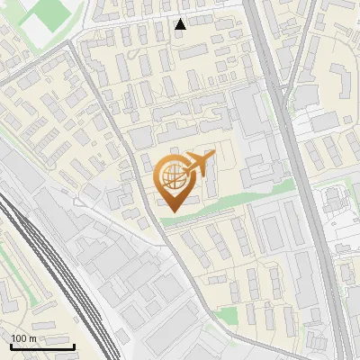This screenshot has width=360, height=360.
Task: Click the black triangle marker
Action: pyautogui.click(x=181, y=24)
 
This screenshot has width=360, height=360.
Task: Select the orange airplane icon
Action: pyautogui.click(x=200, y=164)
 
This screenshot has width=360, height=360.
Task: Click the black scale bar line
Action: pyautogui.click(x=42, y=347)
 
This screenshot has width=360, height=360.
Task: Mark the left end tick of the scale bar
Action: pyautogui.click(x=11, y=346)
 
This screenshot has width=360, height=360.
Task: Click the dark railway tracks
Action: pyautogui.click(x=54, y=270)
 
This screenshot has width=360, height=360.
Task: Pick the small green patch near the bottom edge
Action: pyautogui.click(x=229, y=315)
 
